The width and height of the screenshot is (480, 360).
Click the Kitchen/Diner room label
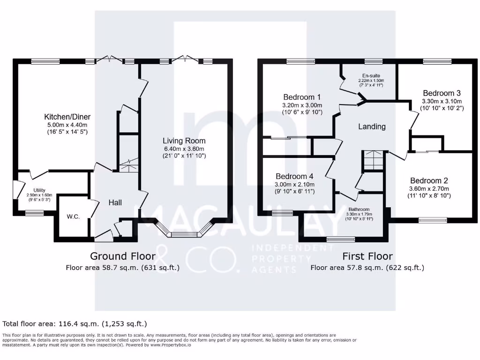67,117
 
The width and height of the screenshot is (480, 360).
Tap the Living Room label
184,141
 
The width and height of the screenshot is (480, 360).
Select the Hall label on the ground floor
115,202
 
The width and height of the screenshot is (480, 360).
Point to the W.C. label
72,217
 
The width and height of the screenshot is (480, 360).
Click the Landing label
372,127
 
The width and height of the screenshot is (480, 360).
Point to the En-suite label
371,75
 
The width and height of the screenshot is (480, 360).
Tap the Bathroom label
359,210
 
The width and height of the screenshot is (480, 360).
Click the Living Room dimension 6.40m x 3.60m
184,149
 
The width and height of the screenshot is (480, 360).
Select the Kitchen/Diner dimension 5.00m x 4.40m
67,125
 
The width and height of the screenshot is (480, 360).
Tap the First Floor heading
367,256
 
